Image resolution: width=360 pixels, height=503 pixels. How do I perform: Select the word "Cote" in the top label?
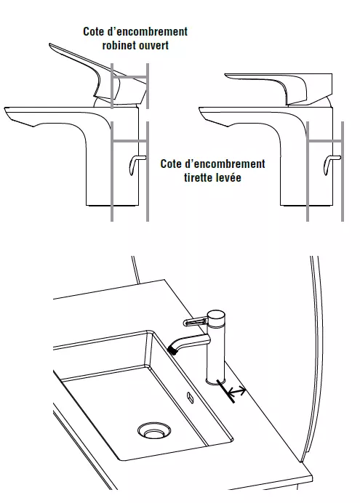93,31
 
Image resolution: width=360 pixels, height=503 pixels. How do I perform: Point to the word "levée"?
229,177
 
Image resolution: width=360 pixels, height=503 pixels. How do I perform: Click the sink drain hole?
154,430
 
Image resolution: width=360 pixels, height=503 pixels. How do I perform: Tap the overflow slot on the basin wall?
191,398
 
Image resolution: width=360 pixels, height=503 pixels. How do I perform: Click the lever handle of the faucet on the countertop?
195,321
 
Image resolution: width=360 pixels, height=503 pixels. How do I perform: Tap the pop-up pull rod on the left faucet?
136,164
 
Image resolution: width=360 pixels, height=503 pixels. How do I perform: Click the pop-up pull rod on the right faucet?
330,164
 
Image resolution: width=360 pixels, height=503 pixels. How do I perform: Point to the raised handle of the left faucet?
96,74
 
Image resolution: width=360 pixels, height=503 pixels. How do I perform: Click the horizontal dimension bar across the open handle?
129,76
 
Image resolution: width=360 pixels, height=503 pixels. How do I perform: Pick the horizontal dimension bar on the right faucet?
324,141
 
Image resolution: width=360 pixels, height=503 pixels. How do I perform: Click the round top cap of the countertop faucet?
215,314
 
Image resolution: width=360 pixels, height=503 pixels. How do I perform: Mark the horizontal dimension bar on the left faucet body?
129,141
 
